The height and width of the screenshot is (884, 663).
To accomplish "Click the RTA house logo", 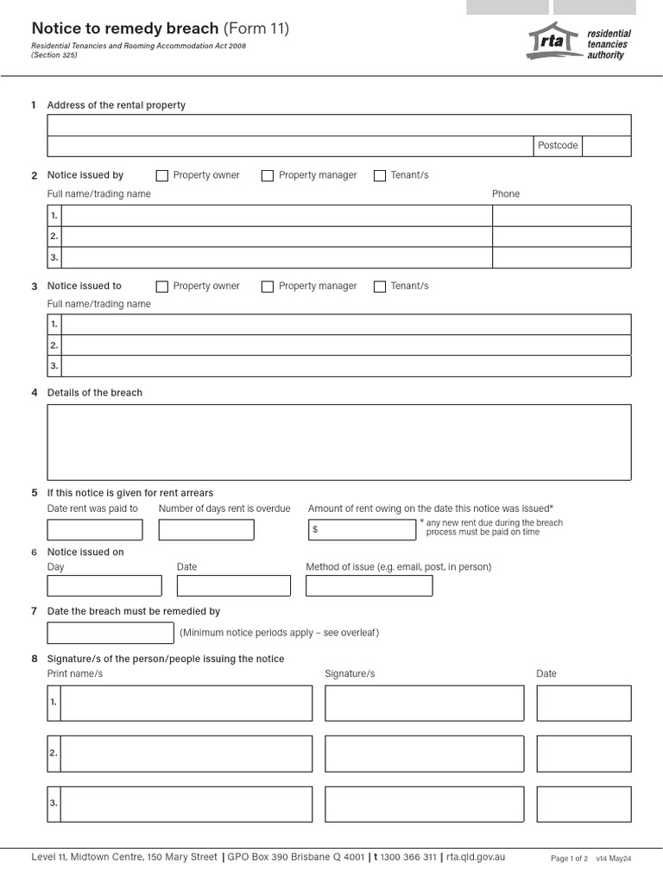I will (552, 41).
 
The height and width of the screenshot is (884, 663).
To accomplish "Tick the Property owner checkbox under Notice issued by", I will (162, 175).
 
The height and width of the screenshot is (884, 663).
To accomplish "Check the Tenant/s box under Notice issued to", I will (380, 287).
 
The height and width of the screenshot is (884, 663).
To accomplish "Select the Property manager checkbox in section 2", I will (268, 175).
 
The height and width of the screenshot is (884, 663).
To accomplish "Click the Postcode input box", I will (607, 146).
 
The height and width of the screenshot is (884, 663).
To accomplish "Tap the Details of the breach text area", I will (338, 442).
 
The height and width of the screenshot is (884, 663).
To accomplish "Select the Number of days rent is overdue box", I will (206, 530).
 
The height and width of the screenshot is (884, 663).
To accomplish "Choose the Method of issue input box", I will (369, 586).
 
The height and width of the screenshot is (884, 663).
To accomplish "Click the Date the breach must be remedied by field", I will (110, 633).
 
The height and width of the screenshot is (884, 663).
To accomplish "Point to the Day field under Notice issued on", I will (104, 586).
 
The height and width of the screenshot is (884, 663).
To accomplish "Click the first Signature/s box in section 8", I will (424, 703).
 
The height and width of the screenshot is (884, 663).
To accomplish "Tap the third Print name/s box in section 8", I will (186, 804).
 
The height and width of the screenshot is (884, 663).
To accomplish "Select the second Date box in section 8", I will (584, 754).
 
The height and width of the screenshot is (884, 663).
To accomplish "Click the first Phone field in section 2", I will (561, 216).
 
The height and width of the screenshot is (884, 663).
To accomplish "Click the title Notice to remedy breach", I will (125, 28).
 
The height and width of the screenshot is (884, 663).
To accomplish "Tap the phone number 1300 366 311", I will (408, 857).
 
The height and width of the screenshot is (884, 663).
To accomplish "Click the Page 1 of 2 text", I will (569, 859).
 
